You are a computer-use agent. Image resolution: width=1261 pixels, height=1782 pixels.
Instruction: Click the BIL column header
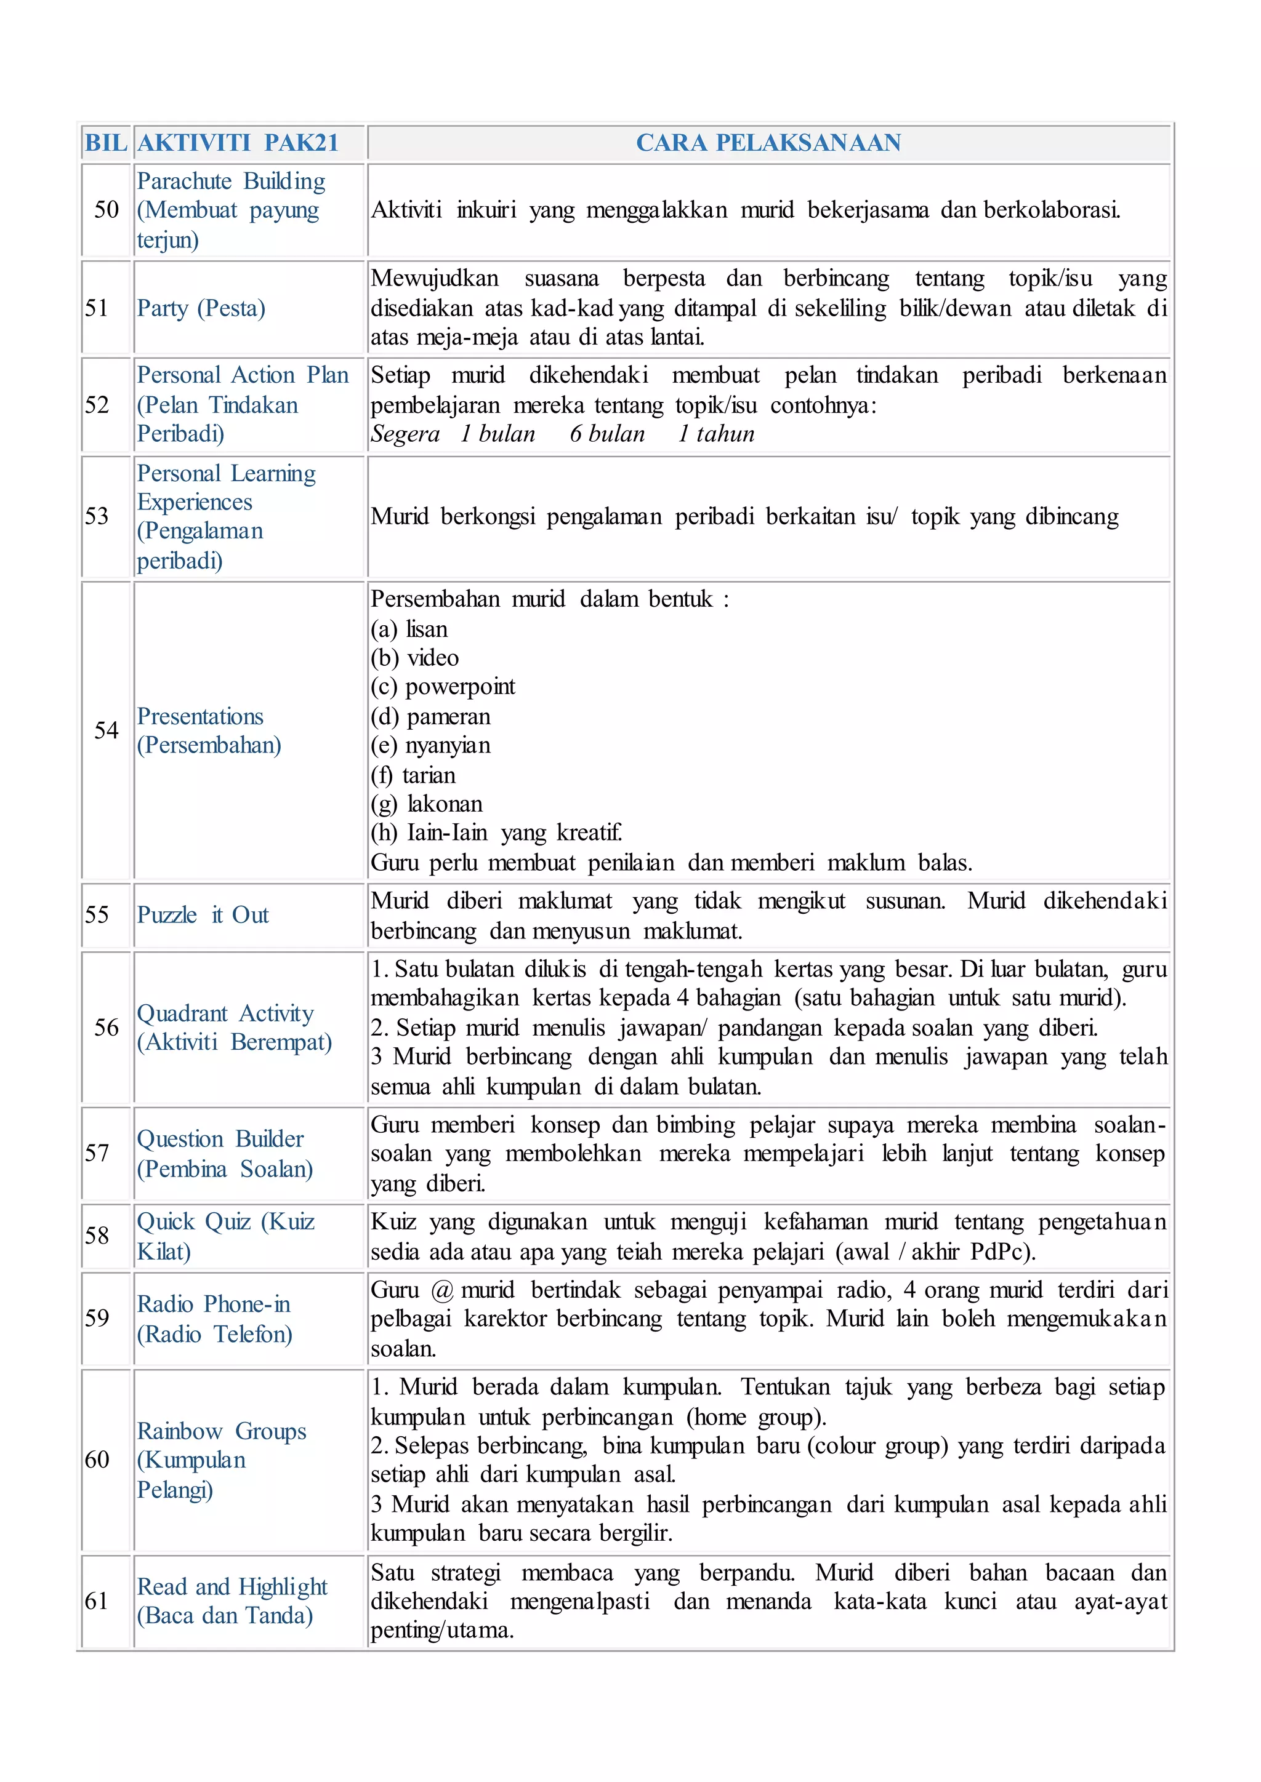point(106,143)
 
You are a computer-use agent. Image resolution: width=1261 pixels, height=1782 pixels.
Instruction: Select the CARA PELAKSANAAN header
point(768,143)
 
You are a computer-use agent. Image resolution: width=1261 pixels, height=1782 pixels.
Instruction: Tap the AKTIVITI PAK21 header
point(238,143)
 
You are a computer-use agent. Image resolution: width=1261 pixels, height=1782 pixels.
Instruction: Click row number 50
point(107,210)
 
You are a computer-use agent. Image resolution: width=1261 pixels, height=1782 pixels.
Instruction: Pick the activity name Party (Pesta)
point(201,308)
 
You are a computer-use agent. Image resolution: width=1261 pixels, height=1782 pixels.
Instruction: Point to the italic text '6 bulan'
point(607,434)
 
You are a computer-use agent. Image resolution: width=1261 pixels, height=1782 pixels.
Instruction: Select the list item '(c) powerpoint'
point(443,687)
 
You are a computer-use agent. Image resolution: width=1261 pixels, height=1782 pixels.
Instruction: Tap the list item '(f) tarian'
point(413,775)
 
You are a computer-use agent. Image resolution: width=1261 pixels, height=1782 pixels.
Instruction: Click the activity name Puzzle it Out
point(203,915)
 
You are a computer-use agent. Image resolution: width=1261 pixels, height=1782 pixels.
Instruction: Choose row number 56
point(107,1028)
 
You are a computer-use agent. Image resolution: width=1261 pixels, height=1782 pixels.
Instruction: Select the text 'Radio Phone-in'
point(214,1305)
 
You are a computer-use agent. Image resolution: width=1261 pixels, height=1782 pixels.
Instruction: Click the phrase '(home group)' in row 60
point(755,1417)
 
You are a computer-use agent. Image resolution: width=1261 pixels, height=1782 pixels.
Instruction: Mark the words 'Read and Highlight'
point(232,1586)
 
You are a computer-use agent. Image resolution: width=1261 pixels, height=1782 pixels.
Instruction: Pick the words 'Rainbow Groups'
point(221,1431)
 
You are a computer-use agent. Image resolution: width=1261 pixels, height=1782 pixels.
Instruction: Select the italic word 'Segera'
point(405,434)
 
